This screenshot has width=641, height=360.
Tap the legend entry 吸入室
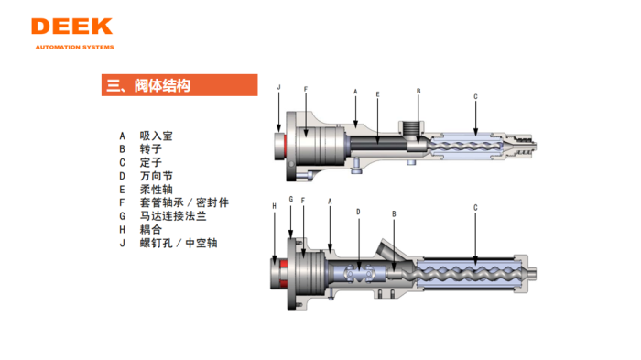point(156,136)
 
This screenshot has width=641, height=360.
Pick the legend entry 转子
point(150,148)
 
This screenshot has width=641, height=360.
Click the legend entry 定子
point(150,162)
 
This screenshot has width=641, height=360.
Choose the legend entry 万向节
point(156,176)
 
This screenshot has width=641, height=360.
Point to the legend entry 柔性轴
point(156,190)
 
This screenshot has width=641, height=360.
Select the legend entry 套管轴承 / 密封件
point(183,202)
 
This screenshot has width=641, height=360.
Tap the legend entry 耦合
point(150,230)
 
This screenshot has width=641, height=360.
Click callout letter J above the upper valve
point(278,87)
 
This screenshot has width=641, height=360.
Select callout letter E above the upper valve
point(377,94)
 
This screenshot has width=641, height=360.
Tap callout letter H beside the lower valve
point(274,207)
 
